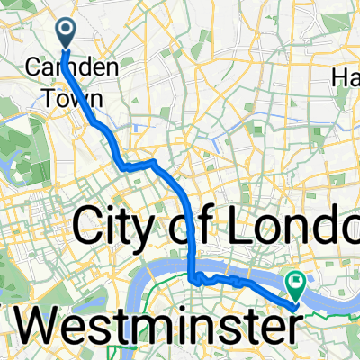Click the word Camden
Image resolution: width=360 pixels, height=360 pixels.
pyautogui.click(x=74, y=67)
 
